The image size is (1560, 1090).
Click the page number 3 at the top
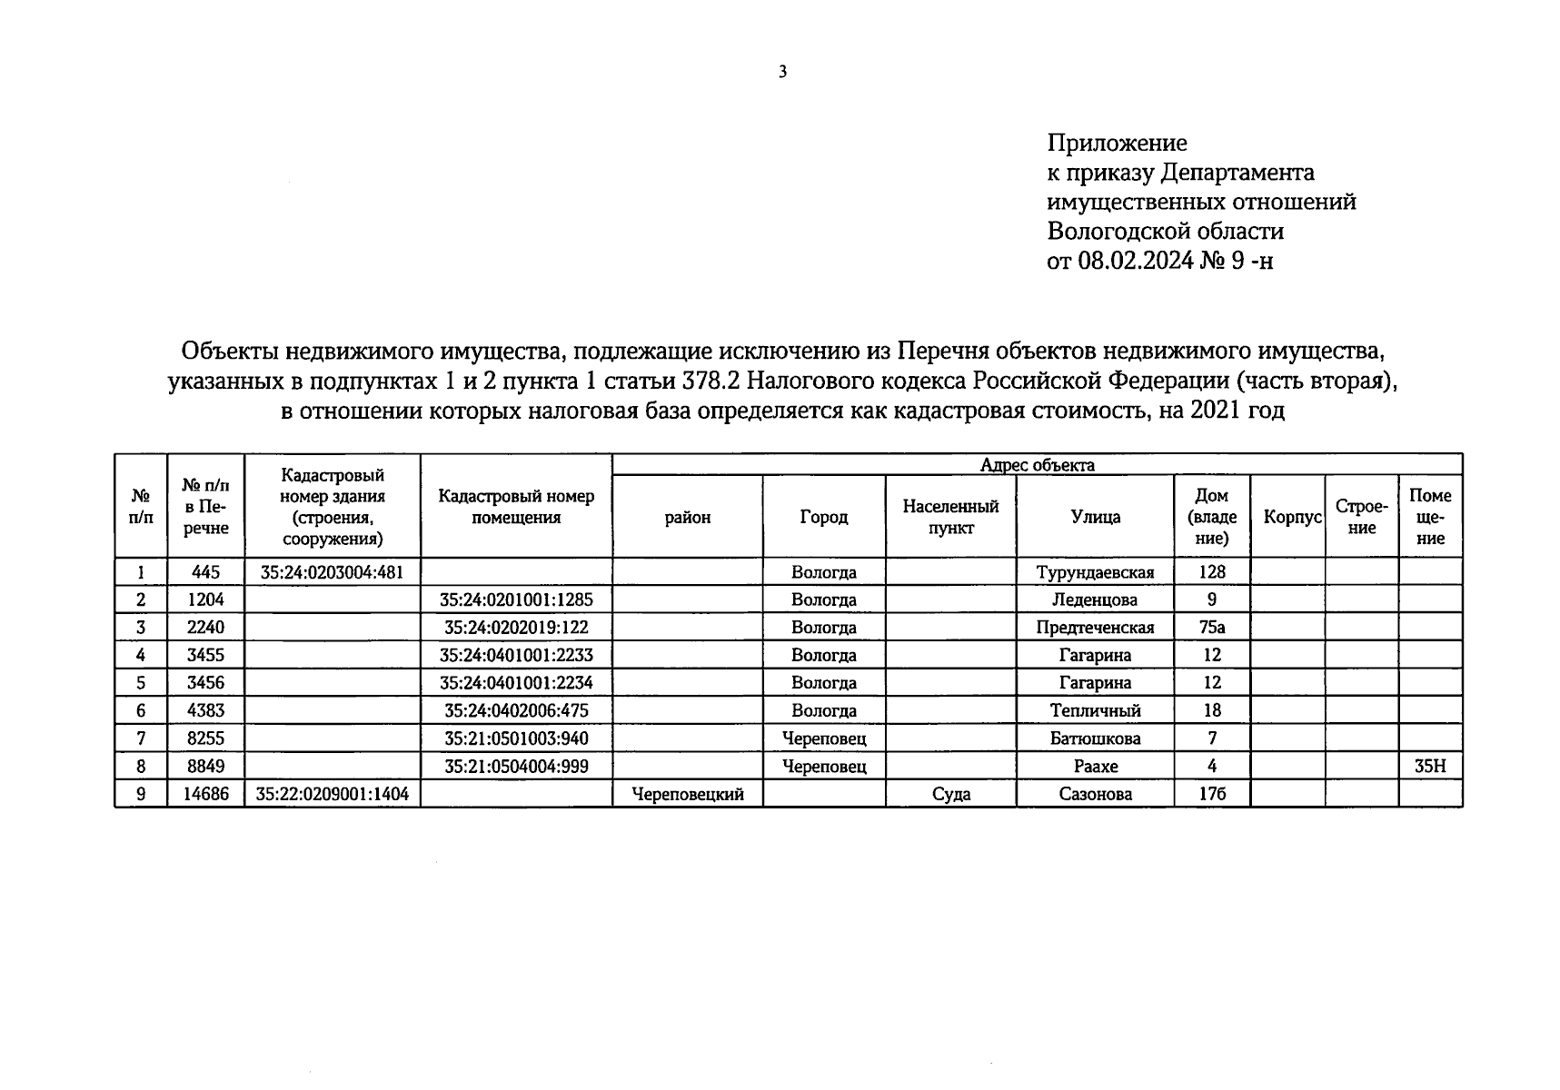(782, 73)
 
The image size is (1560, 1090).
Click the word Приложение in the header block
(1117, 143)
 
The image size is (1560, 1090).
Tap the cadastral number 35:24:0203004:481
(332, 572)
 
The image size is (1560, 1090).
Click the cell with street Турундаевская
(1095, 572)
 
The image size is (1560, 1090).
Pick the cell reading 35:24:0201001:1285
(516, 599)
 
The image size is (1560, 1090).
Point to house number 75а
(1211, 627)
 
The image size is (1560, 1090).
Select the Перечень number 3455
(205, 655)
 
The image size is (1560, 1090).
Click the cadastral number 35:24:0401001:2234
(516, 683)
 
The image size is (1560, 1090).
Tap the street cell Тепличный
(1095, 710)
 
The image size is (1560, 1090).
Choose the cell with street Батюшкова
(1095, 738)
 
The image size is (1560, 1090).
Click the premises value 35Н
(1429, 767)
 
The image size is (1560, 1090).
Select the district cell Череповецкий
(687, 794)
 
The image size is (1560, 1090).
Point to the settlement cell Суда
(950, 794)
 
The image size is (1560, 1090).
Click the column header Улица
(1095, 517)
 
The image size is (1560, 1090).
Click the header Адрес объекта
(1037, 465)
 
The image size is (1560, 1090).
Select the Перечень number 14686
(205, 794)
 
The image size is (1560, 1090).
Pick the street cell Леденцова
(1095, 599)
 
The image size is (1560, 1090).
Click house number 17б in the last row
(1211, 794)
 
